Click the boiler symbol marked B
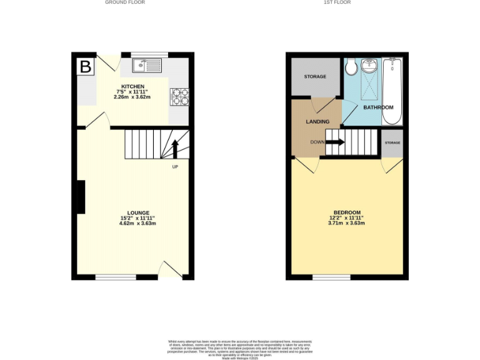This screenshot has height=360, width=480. point(85,66)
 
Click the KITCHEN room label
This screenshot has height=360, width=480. point(132,86)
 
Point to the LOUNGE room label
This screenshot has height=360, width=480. point(138,213)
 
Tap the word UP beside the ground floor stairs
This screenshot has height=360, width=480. point(175,167)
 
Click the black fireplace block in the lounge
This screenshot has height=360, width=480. point(81,197)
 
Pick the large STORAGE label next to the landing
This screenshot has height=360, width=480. point(315,76)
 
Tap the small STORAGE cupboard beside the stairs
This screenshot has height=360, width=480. point(392,143)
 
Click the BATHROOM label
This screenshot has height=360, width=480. point(379,107)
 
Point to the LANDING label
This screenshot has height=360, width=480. point(317,121)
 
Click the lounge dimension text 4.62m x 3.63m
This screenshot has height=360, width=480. point(138,223)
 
